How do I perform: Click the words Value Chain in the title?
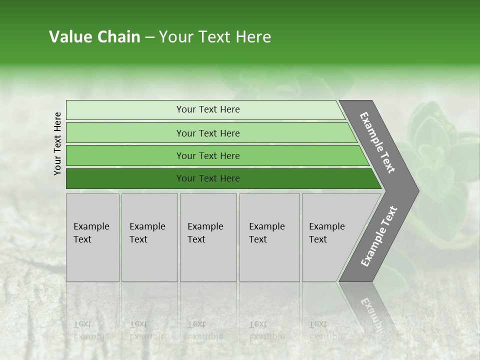pyautogui.click(x=94, y=37)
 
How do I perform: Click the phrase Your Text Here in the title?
pyautogui.click(x=215, y=37)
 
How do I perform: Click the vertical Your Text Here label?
pyautogui.click(x=57, y=143)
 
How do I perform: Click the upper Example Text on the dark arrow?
pyautogui.click(x=377, y=142)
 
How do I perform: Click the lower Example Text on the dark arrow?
pyautogui.click(x=378, y=236)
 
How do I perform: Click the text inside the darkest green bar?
pyautogui.click(x=208, y=178)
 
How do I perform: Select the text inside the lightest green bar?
pyautogui.click(x=208, y=109)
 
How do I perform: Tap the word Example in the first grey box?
pyautogui.click(x=91, y=226)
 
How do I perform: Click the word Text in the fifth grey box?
pyautogui.click(x=318, y=239)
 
